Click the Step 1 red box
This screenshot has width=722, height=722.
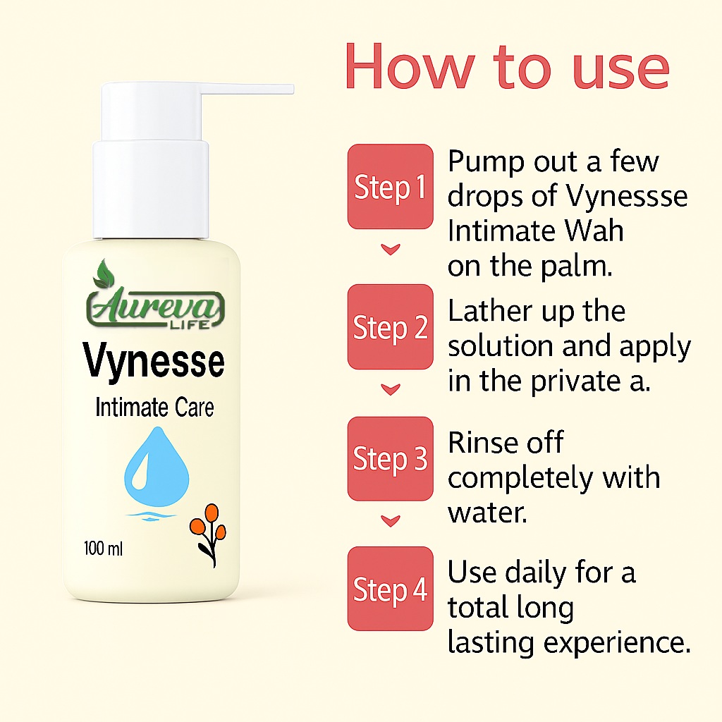pyautogui.click(x=391, y=186)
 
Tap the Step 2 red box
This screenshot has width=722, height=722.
pyautogui.click(x=391, y=327)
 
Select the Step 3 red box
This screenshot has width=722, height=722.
pyautogui.click(x=391, y=458)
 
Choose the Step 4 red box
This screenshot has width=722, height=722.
pyautogui.click(x=391, y=589)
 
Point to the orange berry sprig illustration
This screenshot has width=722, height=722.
pyautogui.click(x=208, y=535)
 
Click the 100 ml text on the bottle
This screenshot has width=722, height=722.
pyautogui.click(x=103, y=549)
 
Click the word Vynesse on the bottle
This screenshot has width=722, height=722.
pyautogui.click(x=154, y=362)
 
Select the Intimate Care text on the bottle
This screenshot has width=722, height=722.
pyautogui.click(x=154, y=408)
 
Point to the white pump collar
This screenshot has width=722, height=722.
pyautogui.click(x=151, y=189)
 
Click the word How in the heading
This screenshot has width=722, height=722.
pyautogui.click(x=410, y=67)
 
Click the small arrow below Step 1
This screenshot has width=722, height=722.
pyautogui.click(x=391, y=249)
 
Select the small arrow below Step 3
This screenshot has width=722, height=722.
pyautogui.click(x=391, y=521)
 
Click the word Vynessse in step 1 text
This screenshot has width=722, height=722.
pyautogui.click(x=627, y=197)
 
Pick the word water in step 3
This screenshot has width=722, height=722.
pyautogui.click(x=487, y=513)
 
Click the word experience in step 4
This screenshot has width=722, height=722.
pyautogui.click(x=617, y=643)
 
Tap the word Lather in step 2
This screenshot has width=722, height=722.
pyautogui.click(x=489, y=311)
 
